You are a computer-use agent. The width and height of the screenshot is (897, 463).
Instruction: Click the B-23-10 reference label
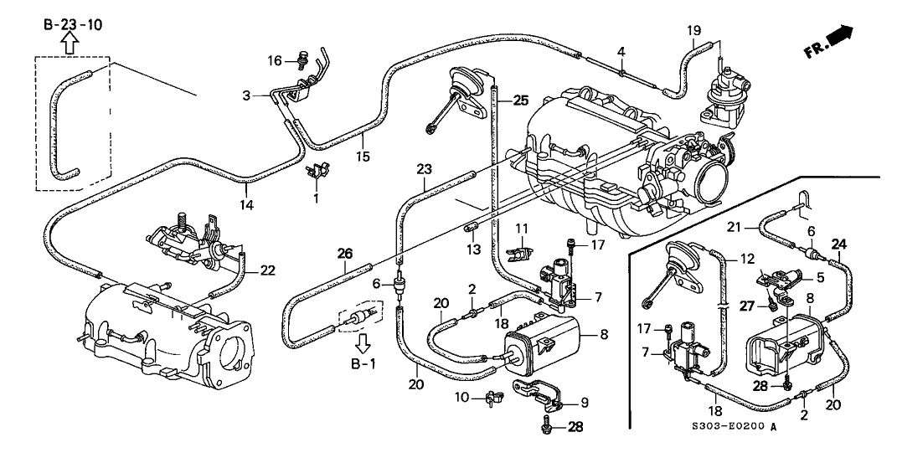(x=73, y=25)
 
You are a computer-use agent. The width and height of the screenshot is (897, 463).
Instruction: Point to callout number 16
(x=277, y=60)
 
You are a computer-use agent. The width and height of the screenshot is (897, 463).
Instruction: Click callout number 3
(x=246, y=96)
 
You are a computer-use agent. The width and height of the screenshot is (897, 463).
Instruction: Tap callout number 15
(x=362, y=157)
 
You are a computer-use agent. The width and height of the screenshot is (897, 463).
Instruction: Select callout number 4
(x=621, y=52)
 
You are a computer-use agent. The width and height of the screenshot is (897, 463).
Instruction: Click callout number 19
(x=693, y=31)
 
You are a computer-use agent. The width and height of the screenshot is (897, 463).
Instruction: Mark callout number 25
(x=520, y=100)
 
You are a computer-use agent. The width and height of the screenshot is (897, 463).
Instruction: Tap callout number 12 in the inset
(x=748, y=260)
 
